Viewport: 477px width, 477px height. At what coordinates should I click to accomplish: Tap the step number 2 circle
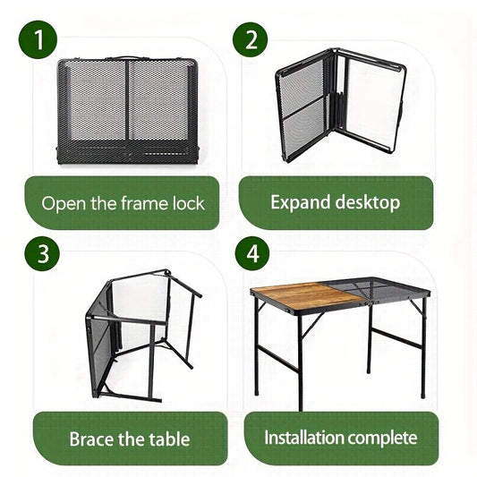pos(251,40)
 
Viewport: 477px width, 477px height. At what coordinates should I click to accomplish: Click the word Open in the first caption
pos(63,203)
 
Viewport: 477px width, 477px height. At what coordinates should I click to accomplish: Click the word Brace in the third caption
pos(92,439)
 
